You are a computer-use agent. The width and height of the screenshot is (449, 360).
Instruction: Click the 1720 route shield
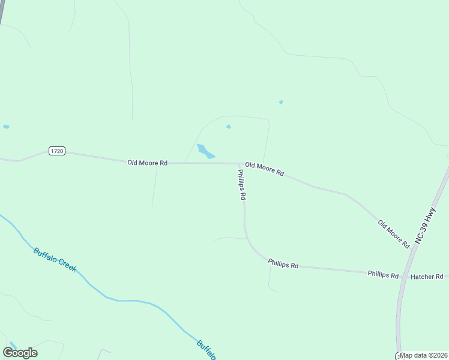(57, 151)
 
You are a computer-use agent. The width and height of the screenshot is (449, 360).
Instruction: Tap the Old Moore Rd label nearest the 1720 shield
(147, 163)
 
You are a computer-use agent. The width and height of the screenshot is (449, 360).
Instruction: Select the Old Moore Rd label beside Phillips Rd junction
(264, 169)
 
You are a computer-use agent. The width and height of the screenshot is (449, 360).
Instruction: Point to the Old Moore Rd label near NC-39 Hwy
(393, 234)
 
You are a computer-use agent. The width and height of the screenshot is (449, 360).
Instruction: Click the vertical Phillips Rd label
(241, 184)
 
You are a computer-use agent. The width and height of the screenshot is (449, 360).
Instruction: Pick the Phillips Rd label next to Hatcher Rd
(383, 275)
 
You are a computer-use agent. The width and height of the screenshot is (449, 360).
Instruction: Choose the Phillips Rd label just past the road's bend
(283, 263)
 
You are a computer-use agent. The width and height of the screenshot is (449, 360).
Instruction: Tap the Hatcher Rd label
(426, 277)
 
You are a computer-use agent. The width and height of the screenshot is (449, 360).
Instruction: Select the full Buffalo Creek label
(55, 260)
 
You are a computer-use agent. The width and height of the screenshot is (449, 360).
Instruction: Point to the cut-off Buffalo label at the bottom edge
(205, 350)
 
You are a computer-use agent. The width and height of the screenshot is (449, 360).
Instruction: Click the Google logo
(20, 353)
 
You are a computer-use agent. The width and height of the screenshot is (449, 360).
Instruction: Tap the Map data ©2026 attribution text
(424, 355)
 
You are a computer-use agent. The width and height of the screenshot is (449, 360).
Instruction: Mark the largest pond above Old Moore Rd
(205, 151)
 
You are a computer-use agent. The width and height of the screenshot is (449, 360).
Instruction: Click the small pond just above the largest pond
(228, 127)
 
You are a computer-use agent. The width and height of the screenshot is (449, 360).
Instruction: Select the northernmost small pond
(281, 102)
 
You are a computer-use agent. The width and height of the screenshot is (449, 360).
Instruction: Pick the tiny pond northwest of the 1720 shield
(6, 127)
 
